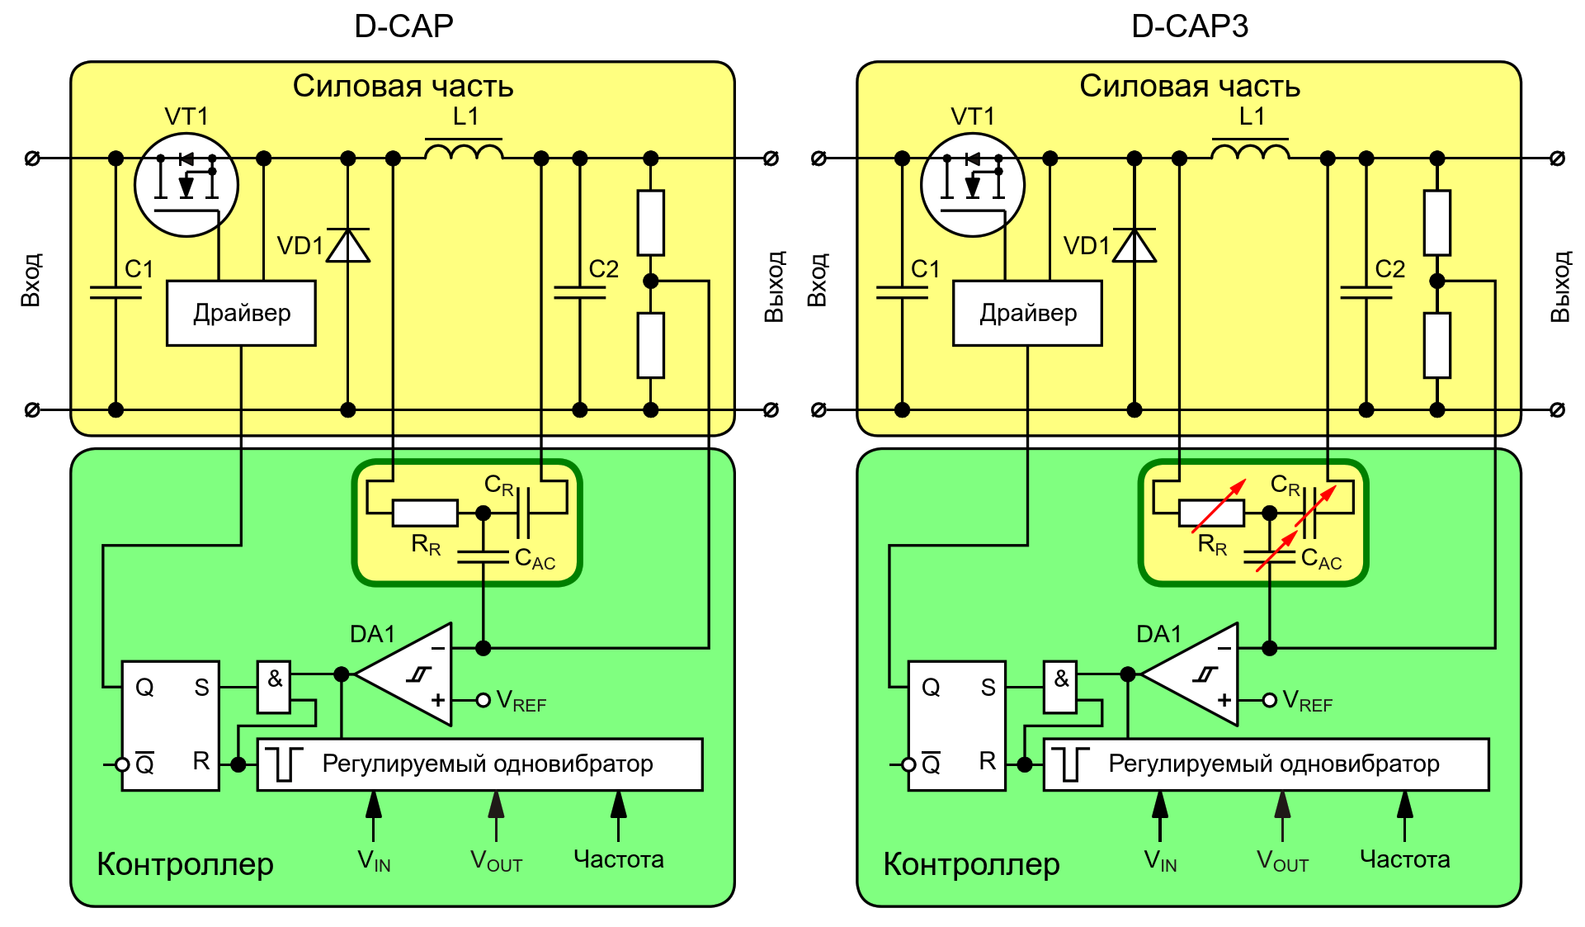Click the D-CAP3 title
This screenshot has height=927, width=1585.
tap(1189, 26)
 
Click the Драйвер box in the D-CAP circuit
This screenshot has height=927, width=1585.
tap(241, 313)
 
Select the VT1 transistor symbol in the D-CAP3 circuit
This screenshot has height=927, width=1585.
tap(973, 185)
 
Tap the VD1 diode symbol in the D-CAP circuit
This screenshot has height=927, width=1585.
tap(348, 246)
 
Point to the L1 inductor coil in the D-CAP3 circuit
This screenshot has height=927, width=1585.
tap(1250, 152)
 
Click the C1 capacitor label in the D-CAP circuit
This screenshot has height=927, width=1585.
tap(139, 269)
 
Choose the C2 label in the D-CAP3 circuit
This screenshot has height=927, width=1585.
tap(1389, 269)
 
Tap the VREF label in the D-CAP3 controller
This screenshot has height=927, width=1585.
tap(1308, 702)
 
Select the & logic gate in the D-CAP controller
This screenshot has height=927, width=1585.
tap(274, 686)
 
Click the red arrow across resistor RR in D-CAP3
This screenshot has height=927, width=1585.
tap(1219, 506)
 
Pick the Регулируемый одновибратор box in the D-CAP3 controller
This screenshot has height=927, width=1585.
tap(1266, 764)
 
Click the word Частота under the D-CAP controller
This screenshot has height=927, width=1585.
tap(618, 859)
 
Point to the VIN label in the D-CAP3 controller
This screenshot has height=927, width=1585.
tap(1160, 861)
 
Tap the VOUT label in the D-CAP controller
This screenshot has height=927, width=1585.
tap(496, 861)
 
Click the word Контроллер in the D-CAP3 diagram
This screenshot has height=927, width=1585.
tap(971, 864)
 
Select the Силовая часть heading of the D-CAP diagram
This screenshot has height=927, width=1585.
tap(403, 86)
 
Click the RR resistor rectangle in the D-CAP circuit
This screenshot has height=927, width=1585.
tap(425, 513)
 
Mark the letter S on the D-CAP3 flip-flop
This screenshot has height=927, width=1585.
tap(988, 687)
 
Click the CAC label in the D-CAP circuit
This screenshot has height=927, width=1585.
tap(535, 560)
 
